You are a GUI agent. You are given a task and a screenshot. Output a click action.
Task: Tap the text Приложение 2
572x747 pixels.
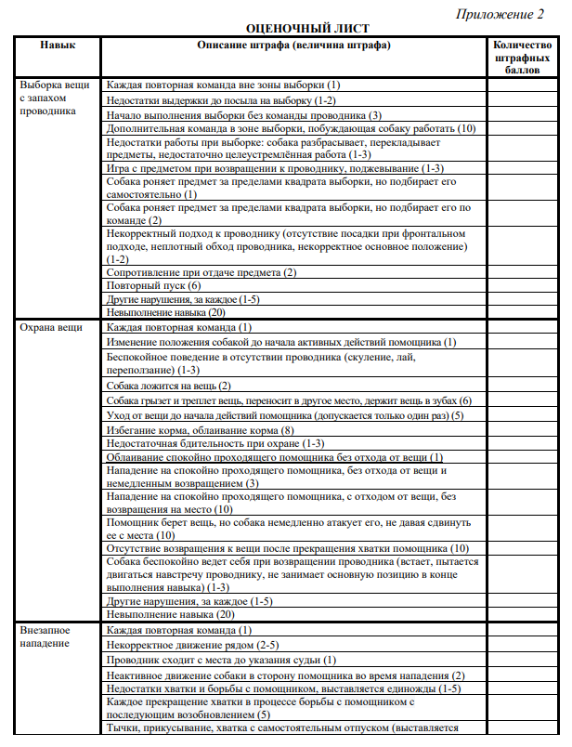click(x=500, y=14)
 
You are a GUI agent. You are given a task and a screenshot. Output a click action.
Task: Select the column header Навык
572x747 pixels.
click(x=58, y=45)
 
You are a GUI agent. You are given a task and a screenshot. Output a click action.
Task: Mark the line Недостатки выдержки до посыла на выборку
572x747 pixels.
click(x=222, y=99)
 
